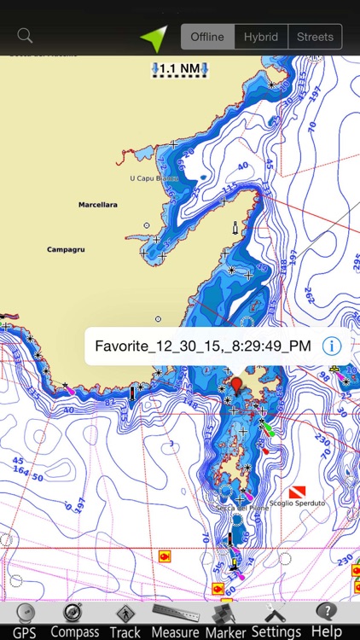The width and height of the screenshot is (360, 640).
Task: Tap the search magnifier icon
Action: coord(25,36)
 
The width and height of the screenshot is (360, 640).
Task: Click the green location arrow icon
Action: coord(154,37)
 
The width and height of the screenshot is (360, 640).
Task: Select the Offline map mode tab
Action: coord(207,37)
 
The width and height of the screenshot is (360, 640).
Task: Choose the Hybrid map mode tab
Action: coord(261,37)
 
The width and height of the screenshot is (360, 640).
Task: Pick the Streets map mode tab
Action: coord(315,37)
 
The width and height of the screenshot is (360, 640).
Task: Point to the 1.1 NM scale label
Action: coord(180,67)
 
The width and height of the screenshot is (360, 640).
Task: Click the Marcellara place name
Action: coord(97,205)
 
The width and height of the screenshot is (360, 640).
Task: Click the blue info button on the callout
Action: coord(332,346)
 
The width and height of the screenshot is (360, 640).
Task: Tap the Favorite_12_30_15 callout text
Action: coord(202,346)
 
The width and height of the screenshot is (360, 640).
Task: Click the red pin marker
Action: coord(237,381)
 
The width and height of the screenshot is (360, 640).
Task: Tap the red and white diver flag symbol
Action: coord(297,492)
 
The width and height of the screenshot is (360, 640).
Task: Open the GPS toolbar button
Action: coord(25,620)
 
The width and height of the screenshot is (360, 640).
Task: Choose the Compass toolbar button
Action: coord(75,620)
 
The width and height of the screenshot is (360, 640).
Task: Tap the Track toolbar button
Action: coord(125,620)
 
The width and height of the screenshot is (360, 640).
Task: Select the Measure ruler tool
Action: coord(175,620)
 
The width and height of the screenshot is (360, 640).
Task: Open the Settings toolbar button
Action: coord(276,620)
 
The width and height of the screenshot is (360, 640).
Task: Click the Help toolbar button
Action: coord(326,620)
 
